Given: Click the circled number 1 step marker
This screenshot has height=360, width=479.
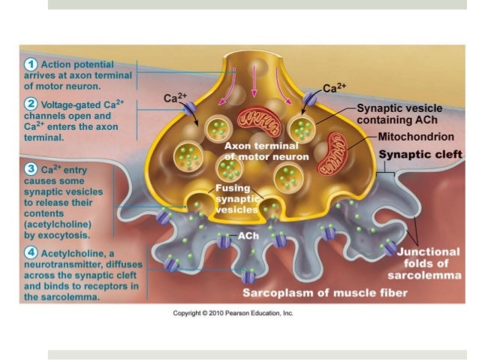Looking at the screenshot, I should (33, 62).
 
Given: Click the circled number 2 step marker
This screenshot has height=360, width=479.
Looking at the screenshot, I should (33, 104).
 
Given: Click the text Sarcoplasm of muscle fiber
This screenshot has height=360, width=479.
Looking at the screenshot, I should (324, 292).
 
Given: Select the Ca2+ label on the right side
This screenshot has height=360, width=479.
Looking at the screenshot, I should (333, 86).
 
